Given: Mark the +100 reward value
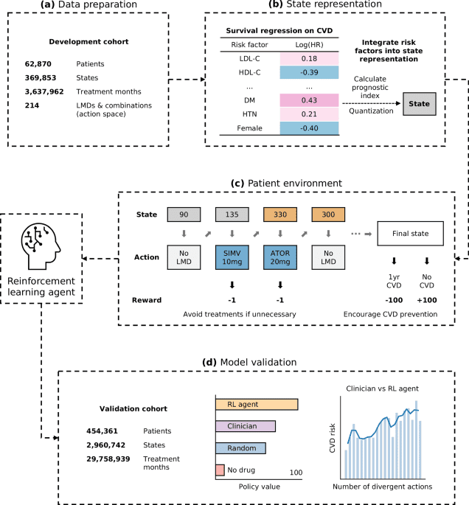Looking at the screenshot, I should tap(428, 300).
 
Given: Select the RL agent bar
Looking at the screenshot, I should tap(257, 405).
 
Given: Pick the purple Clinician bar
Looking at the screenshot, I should tap(246, 426).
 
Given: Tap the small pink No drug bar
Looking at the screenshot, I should tap(220, 470).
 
